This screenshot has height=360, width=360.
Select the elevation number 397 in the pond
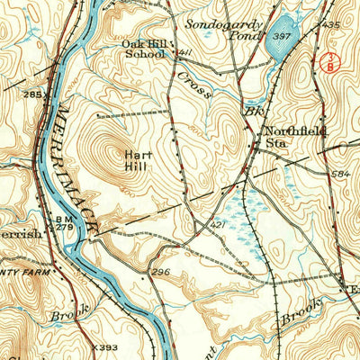pyautogui.click(x=282, y=37)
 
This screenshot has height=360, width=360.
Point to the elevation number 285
pyautogui.click(x=33, y=94)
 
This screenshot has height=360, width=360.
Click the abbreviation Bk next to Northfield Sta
pyautogui.click(x=252, y=113)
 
